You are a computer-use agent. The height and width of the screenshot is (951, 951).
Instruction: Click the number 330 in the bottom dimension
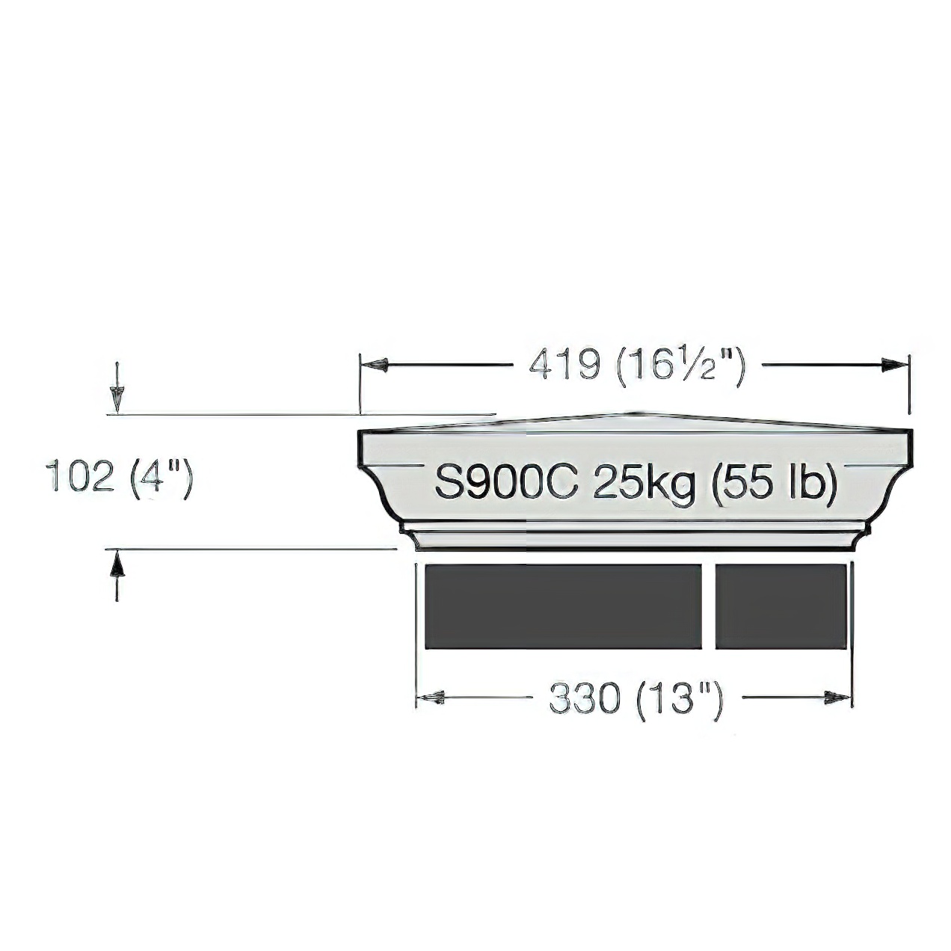click(585, 698)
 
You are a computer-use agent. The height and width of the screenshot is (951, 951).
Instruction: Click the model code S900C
click(507, 483)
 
